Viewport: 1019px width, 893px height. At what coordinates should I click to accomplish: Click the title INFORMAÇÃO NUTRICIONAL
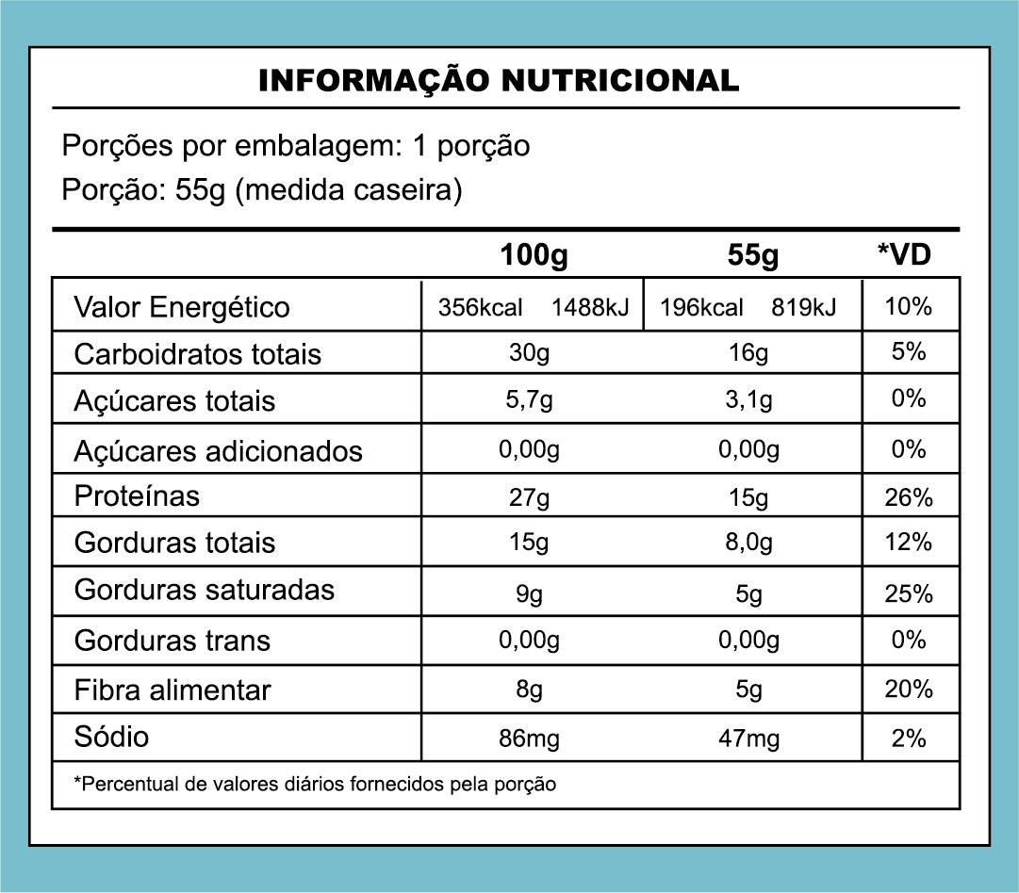499,81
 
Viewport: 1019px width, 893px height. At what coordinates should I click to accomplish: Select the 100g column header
534,255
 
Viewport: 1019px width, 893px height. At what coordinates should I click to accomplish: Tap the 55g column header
752,255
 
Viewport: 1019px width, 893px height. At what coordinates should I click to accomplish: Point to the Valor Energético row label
182,307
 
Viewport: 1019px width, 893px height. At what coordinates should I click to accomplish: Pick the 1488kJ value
590,307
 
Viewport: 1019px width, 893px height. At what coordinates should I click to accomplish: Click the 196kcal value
701,307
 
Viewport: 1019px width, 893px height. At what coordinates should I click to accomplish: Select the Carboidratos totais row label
197,354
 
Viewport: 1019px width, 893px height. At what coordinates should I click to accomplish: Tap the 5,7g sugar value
529,400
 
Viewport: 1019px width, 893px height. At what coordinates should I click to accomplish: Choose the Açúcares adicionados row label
218,450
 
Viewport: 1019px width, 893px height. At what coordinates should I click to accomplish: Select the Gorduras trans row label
172,641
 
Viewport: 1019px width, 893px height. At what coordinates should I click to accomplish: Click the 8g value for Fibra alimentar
529,690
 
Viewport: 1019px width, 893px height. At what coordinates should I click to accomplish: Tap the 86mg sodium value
529,739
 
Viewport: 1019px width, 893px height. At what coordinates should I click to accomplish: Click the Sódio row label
111,736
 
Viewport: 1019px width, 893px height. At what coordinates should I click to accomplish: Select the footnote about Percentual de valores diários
315,784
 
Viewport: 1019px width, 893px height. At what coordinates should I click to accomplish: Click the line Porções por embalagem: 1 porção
295,146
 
